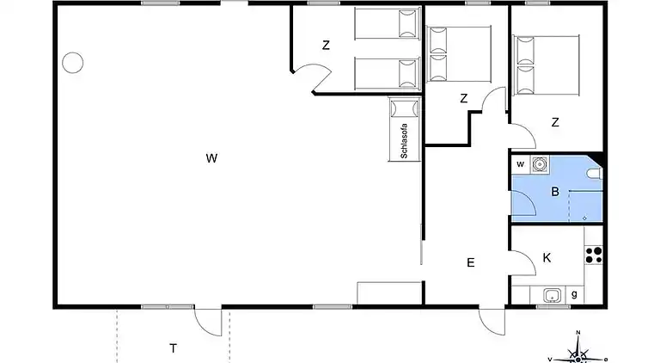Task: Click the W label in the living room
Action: click(x=211, y=157)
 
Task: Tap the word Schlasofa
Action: click(x=403, y=141)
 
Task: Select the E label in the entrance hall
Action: click(x=470, y=262)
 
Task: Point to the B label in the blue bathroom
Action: click(x=555, y=192)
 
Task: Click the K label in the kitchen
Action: click(x=547, y=257)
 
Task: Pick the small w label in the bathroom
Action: click(x=520, y=164)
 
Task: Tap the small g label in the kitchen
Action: click(x=574, y=296)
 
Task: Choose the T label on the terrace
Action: click(x=173, y=348)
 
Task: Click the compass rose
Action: click(x=578, y=352)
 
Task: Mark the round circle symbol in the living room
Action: click(x=72, y=62)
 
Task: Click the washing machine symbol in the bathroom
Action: click(x=540, y=164)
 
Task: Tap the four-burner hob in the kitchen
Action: click(x=593, y=254)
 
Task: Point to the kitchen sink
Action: click(x=551, y=297)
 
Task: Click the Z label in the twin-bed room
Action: click(x=327, y=46)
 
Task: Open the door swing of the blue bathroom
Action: click(x=524, y=202)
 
